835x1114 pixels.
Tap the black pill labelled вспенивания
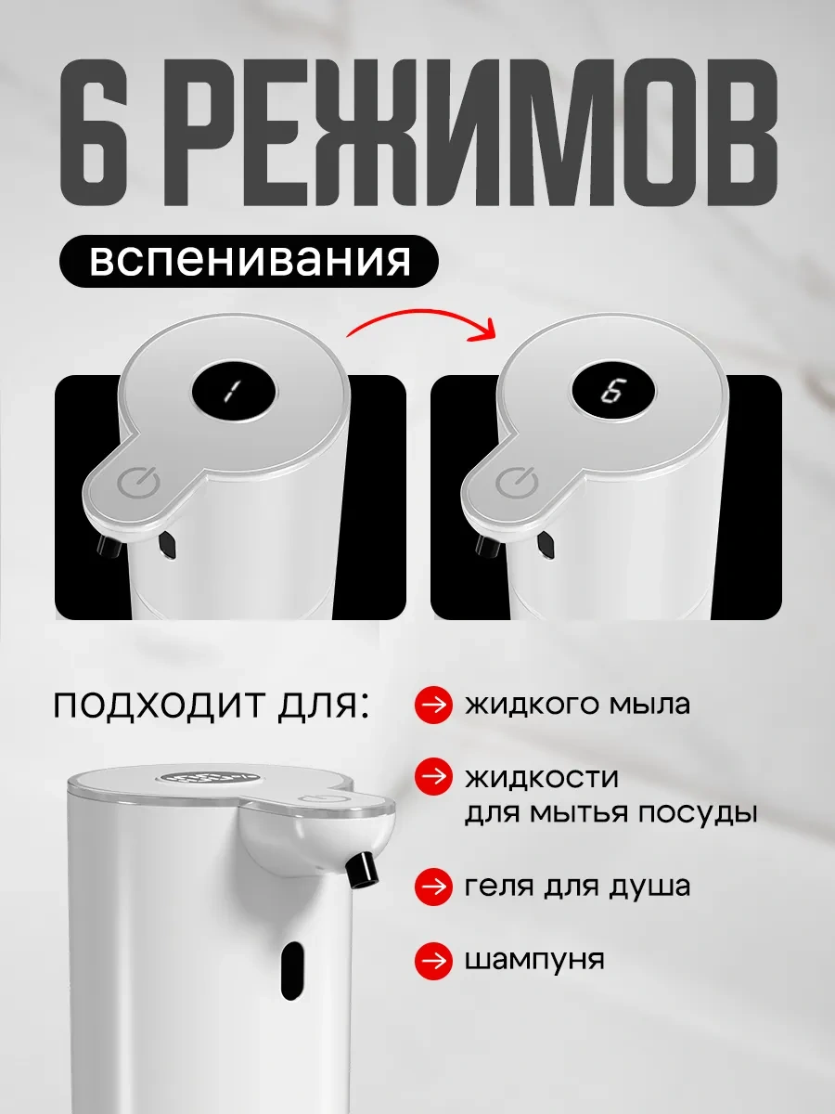(249, 261)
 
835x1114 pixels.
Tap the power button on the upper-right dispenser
(517, 482)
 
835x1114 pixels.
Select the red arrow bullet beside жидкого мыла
(433, 705)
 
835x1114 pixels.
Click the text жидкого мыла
(577, 705)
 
